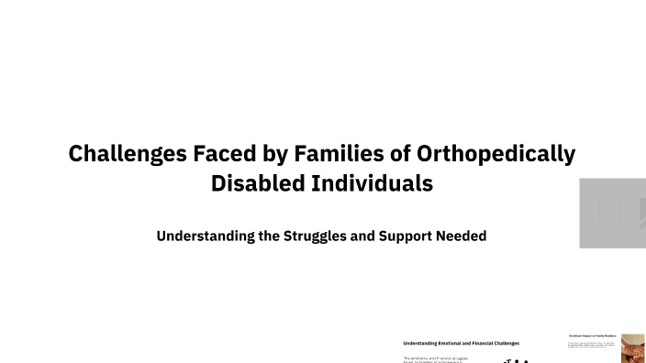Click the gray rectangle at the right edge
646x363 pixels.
[612, 213]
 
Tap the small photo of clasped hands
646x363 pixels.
[633, 348]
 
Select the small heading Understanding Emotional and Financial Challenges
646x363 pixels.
[461, 343]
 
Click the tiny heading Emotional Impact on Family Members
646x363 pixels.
[593, 337]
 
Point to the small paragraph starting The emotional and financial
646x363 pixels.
[436, 359]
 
